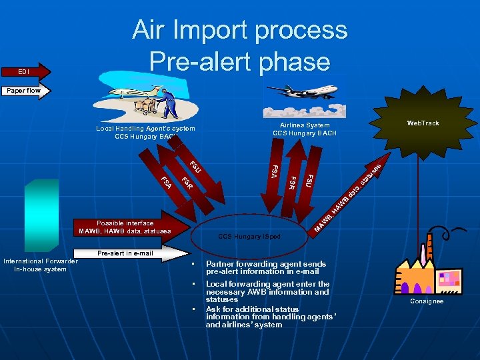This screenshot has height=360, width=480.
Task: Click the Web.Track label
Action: click(x=423, y=123)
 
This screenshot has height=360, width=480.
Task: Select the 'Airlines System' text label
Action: click(x=305, y=125)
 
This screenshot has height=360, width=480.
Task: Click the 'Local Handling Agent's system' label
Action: click(x=145, y=129)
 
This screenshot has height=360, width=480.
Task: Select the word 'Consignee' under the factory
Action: click(x=427, y=301)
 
